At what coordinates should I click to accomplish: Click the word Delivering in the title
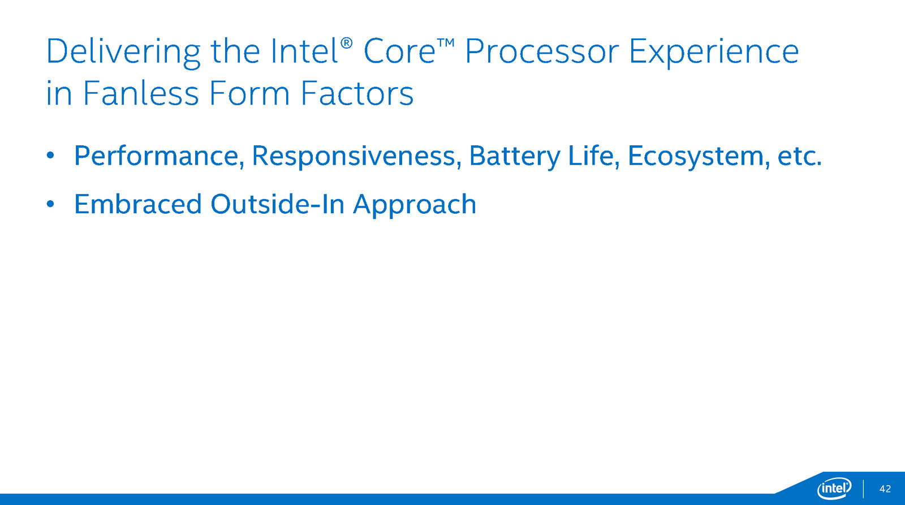point(123,52)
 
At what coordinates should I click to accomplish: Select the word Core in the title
point(399,51)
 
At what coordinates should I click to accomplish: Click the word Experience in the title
point(714,52)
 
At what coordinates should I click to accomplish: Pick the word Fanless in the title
point(141,93)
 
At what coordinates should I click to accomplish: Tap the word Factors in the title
point(357,93)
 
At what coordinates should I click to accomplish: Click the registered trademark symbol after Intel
point(347,43)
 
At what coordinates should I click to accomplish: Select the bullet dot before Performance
point(50,155)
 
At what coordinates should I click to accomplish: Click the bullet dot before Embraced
point(50,204)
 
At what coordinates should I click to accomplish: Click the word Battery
point(515,156)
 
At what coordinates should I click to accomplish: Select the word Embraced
point(138,204)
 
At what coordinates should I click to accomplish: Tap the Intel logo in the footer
point(834,489)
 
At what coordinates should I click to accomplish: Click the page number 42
point(885,489)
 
